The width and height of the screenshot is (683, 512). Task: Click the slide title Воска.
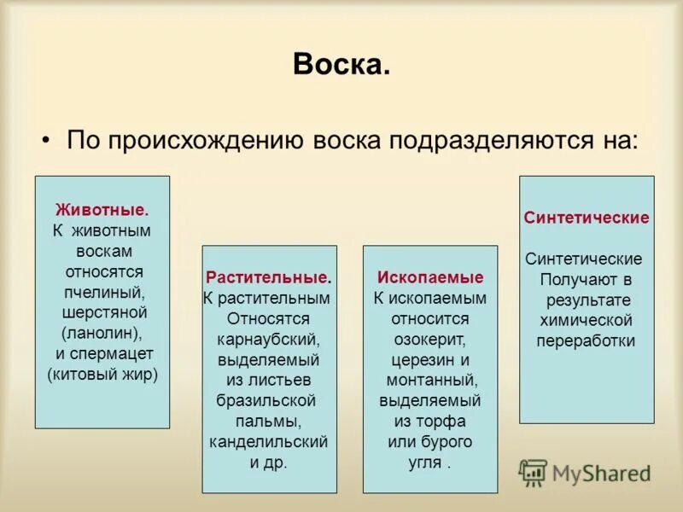(x=341, y=65)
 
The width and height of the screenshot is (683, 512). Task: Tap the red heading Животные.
(x=102, y=209)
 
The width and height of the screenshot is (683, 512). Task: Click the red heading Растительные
(x=266, y=277)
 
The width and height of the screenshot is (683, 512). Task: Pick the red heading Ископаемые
(x=430, y=277)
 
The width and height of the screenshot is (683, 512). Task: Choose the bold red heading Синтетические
(x=587, y=218)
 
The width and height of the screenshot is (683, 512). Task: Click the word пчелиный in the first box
(x=103, y=292)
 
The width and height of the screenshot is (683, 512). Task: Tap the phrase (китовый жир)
(x=102, y=373)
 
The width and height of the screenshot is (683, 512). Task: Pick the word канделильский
(x=269, y=441)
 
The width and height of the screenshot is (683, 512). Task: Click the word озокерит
(x=429, y=339)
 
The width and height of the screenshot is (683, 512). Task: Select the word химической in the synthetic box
(x=586, y=320)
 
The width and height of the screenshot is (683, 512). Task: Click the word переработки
(x=586, y=340)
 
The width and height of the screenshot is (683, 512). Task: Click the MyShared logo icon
(x=533, y=473)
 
